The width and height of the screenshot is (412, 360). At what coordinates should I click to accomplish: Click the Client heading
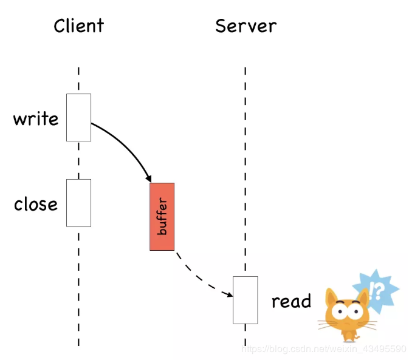[78, 26]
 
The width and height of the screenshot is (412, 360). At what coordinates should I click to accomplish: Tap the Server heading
[245, 26]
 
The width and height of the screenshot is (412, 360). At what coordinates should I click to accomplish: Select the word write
[36, 118]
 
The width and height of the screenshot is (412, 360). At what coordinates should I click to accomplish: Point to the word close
[36, 204]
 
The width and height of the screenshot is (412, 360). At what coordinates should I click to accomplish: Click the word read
[291, 301]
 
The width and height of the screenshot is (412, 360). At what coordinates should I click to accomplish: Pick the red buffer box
[162, 216]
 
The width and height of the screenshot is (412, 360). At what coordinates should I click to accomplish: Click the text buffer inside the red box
[162, 217]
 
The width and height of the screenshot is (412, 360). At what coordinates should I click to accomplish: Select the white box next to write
[78, 117]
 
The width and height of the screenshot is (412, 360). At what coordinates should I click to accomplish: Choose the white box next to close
[78, 203]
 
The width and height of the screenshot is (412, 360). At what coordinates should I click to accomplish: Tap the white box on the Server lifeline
[245, 300]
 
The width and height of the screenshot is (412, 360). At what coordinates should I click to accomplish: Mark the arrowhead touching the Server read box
[229, 295]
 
